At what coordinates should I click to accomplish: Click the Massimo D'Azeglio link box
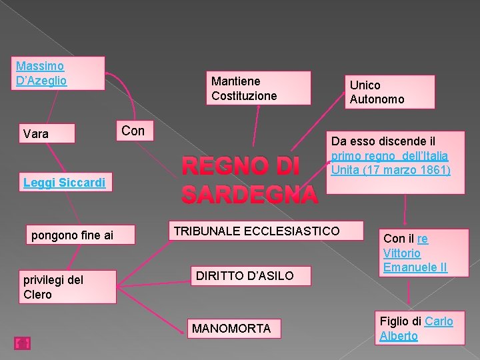point(59,73)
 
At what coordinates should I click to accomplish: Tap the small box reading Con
point(134,131)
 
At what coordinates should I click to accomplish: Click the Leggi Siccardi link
point(64,182)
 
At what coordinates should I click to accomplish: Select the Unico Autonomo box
point(390,92)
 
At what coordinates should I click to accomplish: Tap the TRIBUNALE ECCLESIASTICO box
point(257,231)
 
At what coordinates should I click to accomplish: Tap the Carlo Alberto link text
point(417,329)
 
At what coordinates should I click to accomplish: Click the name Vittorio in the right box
point(402,253)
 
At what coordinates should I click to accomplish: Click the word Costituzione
point(244,96)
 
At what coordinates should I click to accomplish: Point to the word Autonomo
point(377,99)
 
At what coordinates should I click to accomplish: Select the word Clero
point(37,294)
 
